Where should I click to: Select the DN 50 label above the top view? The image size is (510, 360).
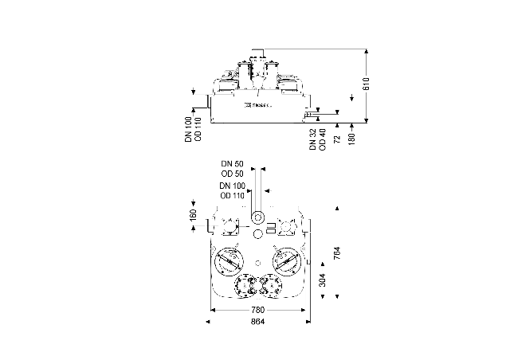point(233,163)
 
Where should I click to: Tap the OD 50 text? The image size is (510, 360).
point(233,173)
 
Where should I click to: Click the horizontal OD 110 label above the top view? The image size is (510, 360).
point(232,195)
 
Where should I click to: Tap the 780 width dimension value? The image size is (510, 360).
point(257,309)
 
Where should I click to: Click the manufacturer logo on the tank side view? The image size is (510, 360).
point(257,104)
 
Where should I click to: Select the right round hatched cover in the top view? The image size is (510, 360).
point(286,260)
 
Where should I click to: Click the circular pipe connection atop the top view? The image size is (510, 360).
point(258,217)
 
